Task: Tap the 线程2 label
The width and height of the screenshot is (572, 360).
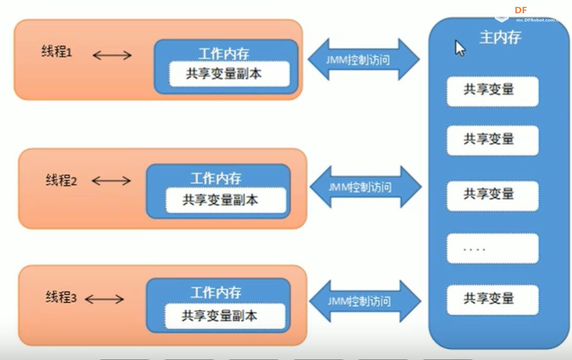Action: [x=61, y=181]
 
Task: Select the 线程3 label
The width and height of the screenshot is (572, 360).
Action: [x=61, y=297]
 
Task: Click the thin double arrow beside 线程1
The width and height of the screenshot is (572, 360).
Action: [x=112, y=55]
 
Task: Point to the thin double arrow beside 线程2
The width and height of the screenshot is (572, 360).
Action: [x=111, y=181]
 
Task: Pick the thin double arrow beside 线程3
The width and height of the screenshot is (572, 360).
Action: [x=104, y=299]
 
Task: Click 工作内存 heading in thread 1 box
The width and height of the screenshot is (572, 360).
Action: [x=224, y=53]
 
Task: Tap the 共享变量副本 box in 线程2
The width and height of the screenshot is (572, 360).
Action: [x=220, y=200]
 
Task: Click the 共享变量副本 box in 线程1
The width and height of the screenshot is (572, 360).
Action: [x=223, y=73]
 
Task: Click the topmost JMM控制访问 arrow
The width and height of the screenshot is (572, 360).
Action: [x=363, y=60]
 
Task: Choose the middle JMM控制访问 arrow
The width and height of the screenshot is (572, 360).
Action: [x=365, y=187]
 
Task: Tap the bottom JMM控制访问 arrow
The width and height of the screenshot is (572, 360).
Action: [x=365, y=301]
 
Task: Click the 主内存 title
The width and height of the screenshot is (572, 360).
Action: [x=500, y=38]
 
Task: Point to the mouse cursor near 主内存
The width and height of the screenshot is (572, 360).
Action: [x=459, y=48]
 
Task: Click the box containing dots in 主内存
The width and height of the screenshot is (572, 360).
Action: [x=492, y=248]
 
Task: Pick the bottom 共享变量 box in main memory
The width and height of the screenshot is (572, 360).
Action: [x=492, y=299]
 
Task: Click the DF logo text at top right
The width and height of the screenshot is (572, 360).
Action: [x=521, y=10]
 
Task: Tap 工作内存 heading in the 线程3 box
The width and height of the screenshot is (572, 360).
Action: [x=216, y=292]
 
